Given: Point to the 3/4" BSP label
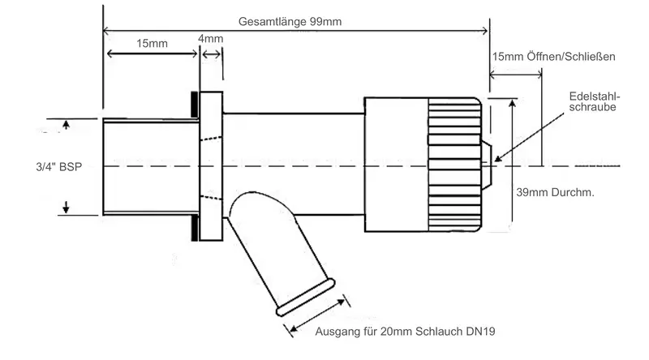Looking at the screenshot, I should click(50, 166).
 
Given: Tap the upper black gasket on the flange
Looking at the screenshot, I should click(196, 103).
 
